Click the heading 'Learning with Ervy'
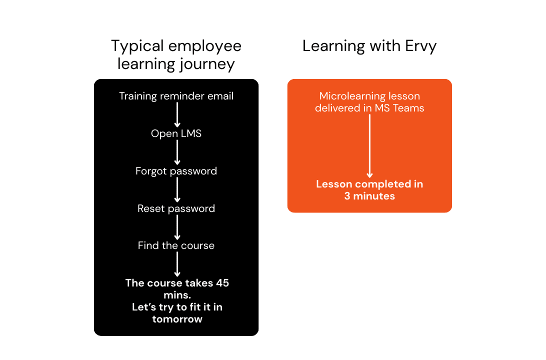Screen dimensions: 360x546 (x=369, y=46)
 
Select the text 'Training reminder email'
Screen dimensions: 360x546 (x=176, y=96)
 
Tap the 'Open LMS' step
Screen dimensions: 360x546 (x=176, y=133)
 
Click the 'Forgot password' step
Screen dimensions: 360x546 (x=176, y=171)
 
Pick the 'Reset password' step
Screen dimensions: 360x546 (x=176, y=208)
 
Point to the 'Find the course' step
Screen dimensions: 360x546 (x=176, y=245)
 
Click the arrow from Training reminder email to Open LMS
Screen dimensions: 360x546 (x=176, y=115)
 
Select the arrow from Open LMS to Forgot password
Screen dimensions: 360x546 (x=176, y=152)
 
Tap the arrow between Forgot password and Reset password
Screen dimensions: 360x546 (x=176, y=190)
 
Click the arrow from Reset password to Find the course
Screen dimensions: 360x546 (x=176, y=227)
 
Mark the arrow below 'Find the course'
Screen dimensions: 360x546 (x=176, y=264)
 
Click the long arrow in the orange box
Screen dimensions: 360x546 (x=369, y=145)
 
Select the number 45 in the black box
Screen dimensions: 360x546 (x=222, y=283)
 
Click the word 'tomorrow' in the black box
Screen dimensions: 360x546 (x=177, y=319)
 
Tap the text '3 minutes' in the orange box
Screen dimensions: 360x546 (x=369, y=196)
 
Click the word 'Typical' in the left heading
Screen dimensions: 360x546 (x=136, y=46)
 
